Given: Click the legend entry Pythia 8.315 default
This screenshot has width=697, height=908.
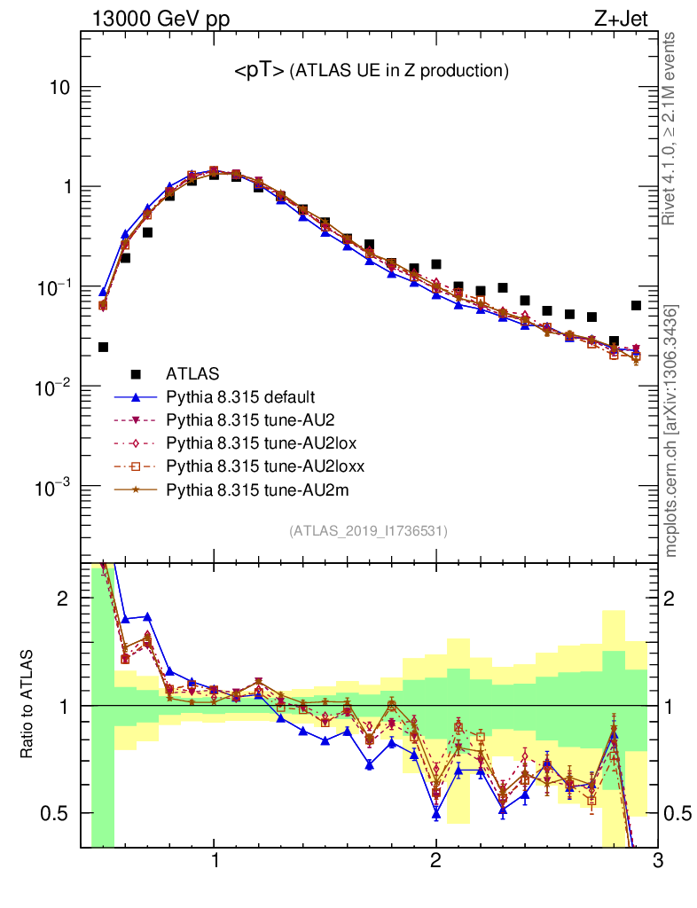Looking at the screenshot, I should pos(240,396).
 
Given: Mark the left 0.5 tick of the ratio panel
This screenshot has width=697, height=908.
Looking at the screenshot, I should pos(57,813).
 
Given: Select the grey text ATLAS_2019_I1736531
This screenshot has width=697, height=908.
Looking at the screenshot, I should pos(368,531).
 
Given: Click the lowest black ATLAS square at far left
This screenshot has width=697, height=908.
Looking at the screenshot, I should pos(103,348).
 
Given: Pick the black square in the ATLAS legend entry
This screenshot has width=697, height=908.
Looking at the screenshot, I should pos(136,373).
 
